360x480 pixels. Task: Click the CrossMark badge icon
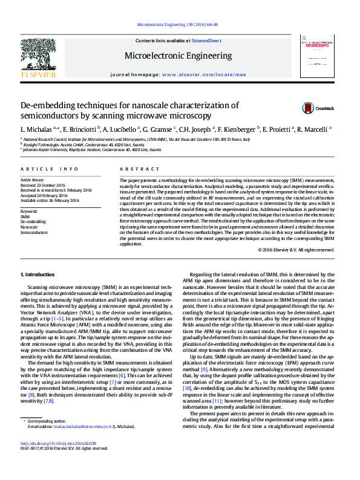coord(309,108)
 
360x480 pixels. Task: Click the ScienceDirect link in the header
coord(206,41)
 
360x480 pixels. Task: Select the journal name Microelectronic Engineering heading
coord(178,56)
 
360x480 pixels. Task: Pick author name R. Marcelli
coord(313,129)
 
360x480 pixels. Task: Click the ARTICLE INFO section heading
coord(50,169)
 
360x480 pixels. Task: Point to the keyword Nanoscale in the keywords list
coord(30,227)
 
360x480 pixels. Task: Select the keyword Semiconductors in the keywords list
coord(34,232)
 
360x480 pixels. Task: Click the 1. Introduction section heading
coord(38,274)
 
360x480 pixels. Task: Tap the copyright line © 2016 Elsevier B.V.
coord(295,250)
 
